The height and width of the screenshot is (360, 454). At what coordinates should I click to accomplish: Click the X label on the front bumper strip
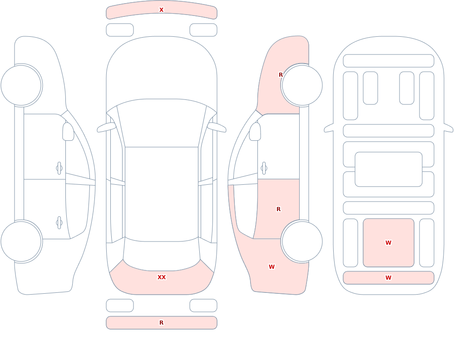coord(161,10)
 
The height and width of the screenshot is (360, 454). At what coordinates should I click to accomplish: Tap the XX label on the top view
coord(162,277)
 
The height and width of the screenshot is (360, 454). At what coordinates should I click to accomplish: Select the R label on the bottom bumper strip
coord(161,323)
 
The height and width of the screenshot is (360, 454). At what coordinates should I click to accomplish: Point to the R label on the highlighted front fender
coord(281,75)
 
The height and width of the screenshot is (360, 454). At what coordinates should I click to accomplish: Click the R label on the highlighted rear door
coord(279,209)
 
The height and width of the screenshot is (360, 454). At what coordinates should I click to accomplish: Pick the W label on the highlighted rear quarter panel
coord(271,267)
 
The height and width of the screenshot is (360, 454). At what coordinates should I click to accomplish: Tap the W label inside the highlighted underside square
coord(388,243)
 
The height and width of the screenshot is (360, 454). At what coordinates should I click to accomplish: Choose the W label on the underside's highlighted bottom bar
coord(388,278)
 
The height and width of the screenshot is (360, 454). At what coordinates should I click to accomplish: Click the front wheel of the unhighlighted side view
coord(21,85)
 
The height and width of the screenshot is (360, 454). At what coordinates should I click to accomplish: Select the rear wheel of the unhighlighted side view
coord(21,242)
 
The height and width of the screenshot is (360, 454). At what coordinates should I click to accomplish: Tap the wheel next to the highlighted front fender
coord(302,85)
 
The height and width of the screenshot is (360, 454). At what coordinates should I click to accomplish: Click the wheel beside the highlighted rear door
coord(302,242)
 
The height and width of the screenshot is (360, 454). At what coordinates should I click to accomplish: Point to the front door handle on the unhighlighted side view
coord(59,168)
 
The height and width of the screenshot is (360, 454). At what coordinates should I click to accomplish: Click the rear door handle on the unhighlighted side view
coord(59,223)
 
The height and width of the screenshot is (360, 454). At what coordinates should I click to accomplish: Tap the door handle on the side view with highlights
coord(264,168)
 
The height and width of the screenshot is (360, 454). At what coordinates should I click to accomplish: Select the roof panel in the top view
coord(162,194)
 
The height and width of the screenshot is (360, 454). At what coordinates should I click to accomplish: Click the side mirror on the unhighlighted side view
coord(69,132)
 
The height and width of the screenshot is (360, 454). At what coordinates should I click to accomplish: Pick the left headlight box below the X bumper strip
coord(120,30)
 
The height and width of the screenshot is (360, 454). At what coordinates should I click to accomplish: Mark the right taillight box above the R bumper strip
coord(203,306)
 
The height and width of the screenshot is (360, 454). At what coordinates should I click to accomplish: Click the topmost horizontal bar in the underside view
coord(389,61)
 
